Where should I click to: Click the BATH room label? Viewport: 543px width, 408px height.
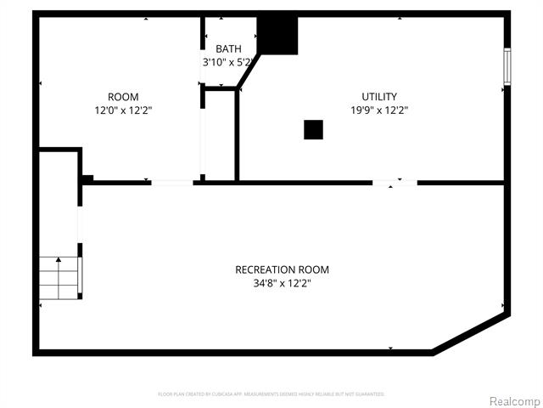tap(227, 48)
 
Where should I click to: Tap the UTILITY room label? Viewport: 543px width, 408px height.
tap(378, 97)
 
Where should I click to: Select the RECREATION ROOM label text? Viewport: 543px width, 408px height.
tap(282, 269)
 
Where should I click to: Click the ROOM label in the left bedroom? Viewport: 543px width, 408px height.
tap(123, 97)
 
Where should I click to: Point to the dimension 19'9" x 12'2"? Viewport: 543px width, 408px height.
tap(378, 110)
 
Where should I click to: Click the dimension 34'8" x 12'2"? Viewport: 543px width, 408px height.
tap(282, 283)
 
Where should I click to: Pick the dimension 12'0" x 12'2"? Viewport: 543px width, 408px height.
tap(123, 110)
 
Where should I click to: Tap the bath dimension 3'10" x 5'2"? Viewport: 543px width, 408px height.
tap(227, 62)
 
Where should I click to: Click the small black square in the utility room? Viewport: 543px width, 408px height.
tap(313, 129)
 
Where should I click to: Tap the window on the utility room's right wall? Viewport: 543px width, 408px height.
tap(507, 66)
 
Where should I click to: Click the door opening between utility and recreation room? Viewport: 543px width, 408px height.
tap(395, 182)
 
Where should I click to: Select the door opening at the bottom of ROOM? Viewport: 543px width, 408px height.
tap(172, 182)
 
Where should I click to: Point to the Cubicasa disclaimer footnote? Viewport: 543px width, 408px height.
tap(271, 394)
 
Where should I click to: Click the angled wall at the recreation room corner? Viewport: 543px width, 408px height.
tap(472, 333)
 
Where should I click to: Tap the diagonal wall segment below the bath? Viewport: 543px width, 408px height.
tap(249, 72)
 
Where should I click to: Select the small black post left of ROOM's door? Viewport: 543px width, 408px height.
tap(87, 178)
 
